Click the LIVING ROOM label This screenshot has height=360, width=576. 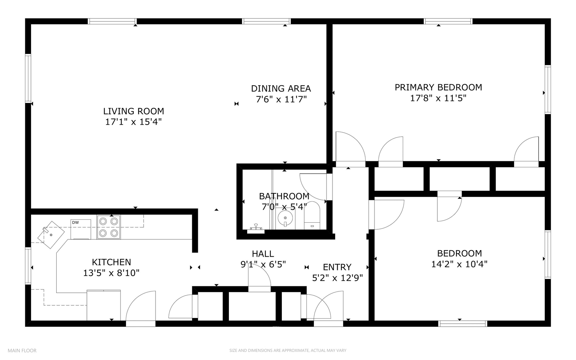click(x=133, y=111)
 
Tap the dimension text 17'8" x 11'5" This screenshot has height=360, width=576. click(x=438, y=98)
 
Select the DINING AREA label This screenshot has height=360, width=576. click(x=281, y=88)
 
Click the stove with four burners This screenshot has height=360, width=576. click(x=109, y=227)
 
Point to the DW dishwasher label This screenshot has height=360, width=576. click(x=75, y=222)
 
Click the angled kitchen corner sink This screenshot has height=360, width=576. click(x=51, y=234)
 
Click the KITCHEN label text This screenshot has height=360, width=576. click(x=111, y=262)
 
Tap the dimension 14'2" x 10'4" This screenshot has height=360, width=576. click(x=459, y=264)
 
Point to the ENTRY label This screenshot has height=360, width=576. click(x=337, y=267)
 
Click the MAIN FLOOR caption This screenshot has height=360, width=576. click(x=22, y=350)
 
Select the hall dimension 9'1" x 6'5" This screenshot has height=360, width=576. click(x=263, y=265)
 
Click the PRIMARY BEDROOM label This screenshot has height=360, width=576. click(x=438, y=87)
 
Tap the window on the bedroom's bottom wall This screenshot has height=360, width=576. click(x=463, y=323)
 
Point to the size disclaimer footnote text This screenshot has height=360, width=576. click(x=288, y=350)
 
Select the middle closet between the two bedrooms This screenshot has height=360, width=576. click(x=459, y=179)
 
